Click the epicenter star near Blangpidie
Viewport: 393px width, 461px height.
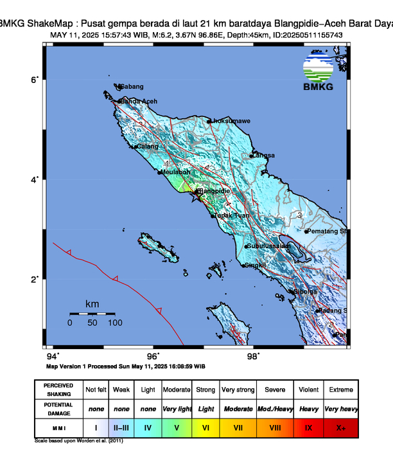195,197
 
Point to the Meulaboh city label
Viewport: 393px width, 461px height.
177,172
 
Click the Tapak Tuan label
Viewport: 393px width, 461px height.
232,215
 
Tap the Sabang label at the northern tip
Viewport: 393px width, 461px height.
132,87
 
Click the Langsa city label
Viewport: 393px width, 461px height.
263,156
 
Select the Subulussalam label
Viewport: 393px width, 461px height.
270,246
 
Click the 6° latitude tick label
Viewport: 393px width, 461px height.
36,79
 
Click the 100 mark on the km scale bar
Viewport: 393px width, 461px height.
115,323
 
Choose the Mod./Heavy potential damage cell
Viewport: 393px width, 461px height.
275,408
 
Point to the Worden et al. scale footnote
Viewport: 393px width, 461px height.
78,442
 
